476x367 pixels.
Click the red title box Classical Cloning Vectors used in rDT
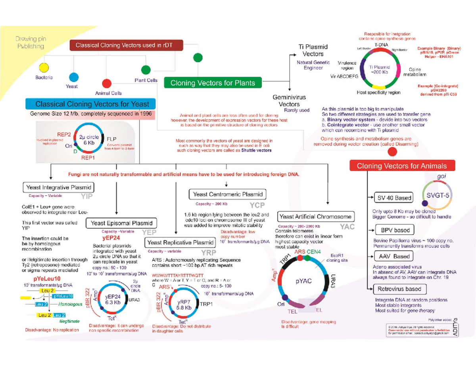(127, 45)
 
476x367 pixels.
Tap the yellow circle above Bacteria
(44, 67)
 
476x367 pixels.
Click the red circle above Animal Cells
(106, 84)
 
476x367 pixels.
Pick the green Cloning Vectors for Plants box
(213, 83)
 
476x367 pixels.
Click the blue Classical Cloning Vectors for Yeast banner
(90, 104)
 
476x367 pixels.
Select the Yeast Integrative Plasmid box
(58, 187)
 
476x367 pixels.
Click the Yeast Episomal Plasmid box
(121, 223)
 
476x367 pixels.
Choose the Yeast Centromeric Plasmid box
(227, 194)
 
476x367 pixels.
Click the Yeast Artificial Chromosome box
(315, 217)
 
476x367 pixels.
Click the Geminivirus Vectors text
(289, 101)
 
